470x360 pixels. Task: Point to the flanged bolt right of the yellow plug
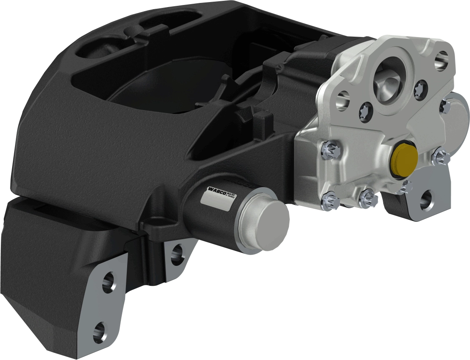click(440, 157)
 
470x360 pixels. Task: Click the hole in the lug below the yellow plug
click(426, 200)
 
